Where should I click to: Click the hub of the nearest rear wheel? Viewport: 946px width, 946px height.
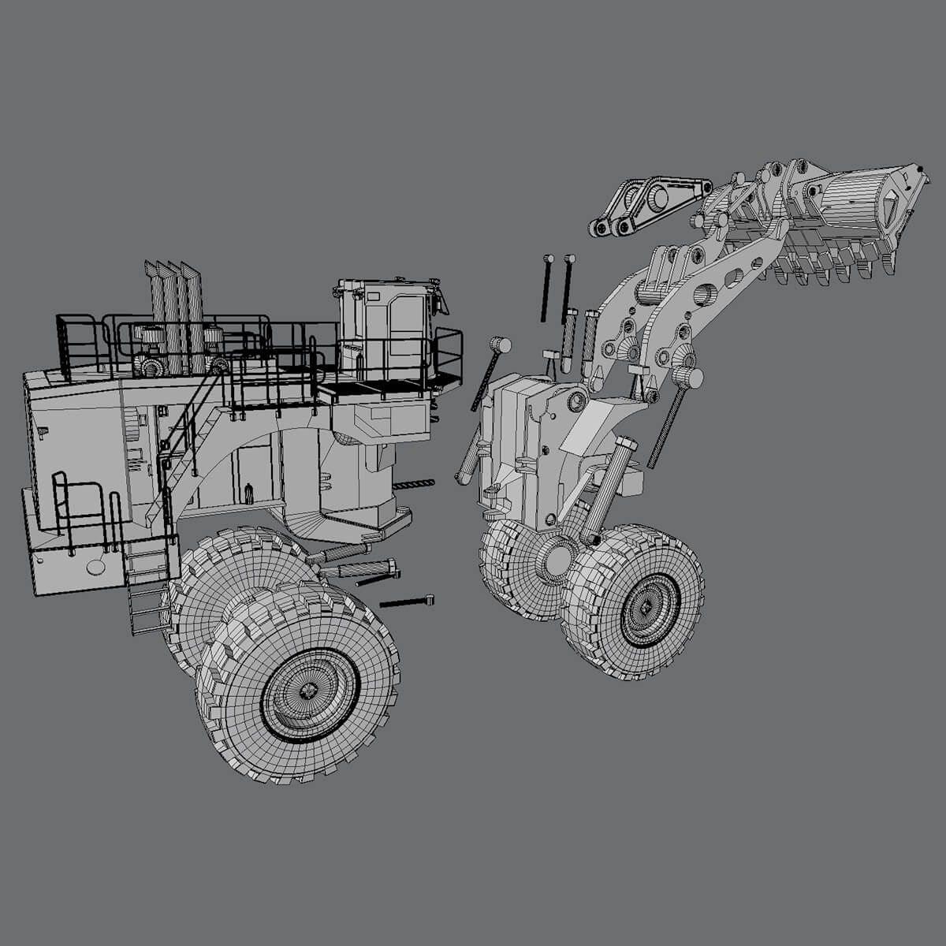pyautogui.click(x=310, y=692)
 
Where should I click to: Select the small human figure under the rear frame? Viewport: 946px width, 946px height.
pyautogui.click(x=250, y=493)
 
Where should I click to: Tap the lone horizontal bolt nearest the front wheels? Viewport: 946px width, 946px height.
pyautogui.click(x=406, y=602)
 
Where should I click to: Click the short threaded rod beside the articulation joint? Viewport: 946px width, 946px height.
pyautogui.click(x=413, y=484)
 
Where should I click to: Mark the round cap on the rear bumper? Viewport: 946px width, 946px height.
pyautogui.click(x=96, y=566)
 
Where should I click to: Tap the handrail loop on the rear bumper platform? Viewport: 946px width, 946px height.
pyautogui.click(x=79, y=505)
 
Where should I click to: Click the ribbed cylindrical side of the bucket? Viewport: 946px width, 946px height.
pyautogui.click(x=851, y=199)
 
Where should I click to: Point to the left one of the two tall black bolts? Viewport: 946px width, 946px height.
pyautogui.click(x=546, y=288)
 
